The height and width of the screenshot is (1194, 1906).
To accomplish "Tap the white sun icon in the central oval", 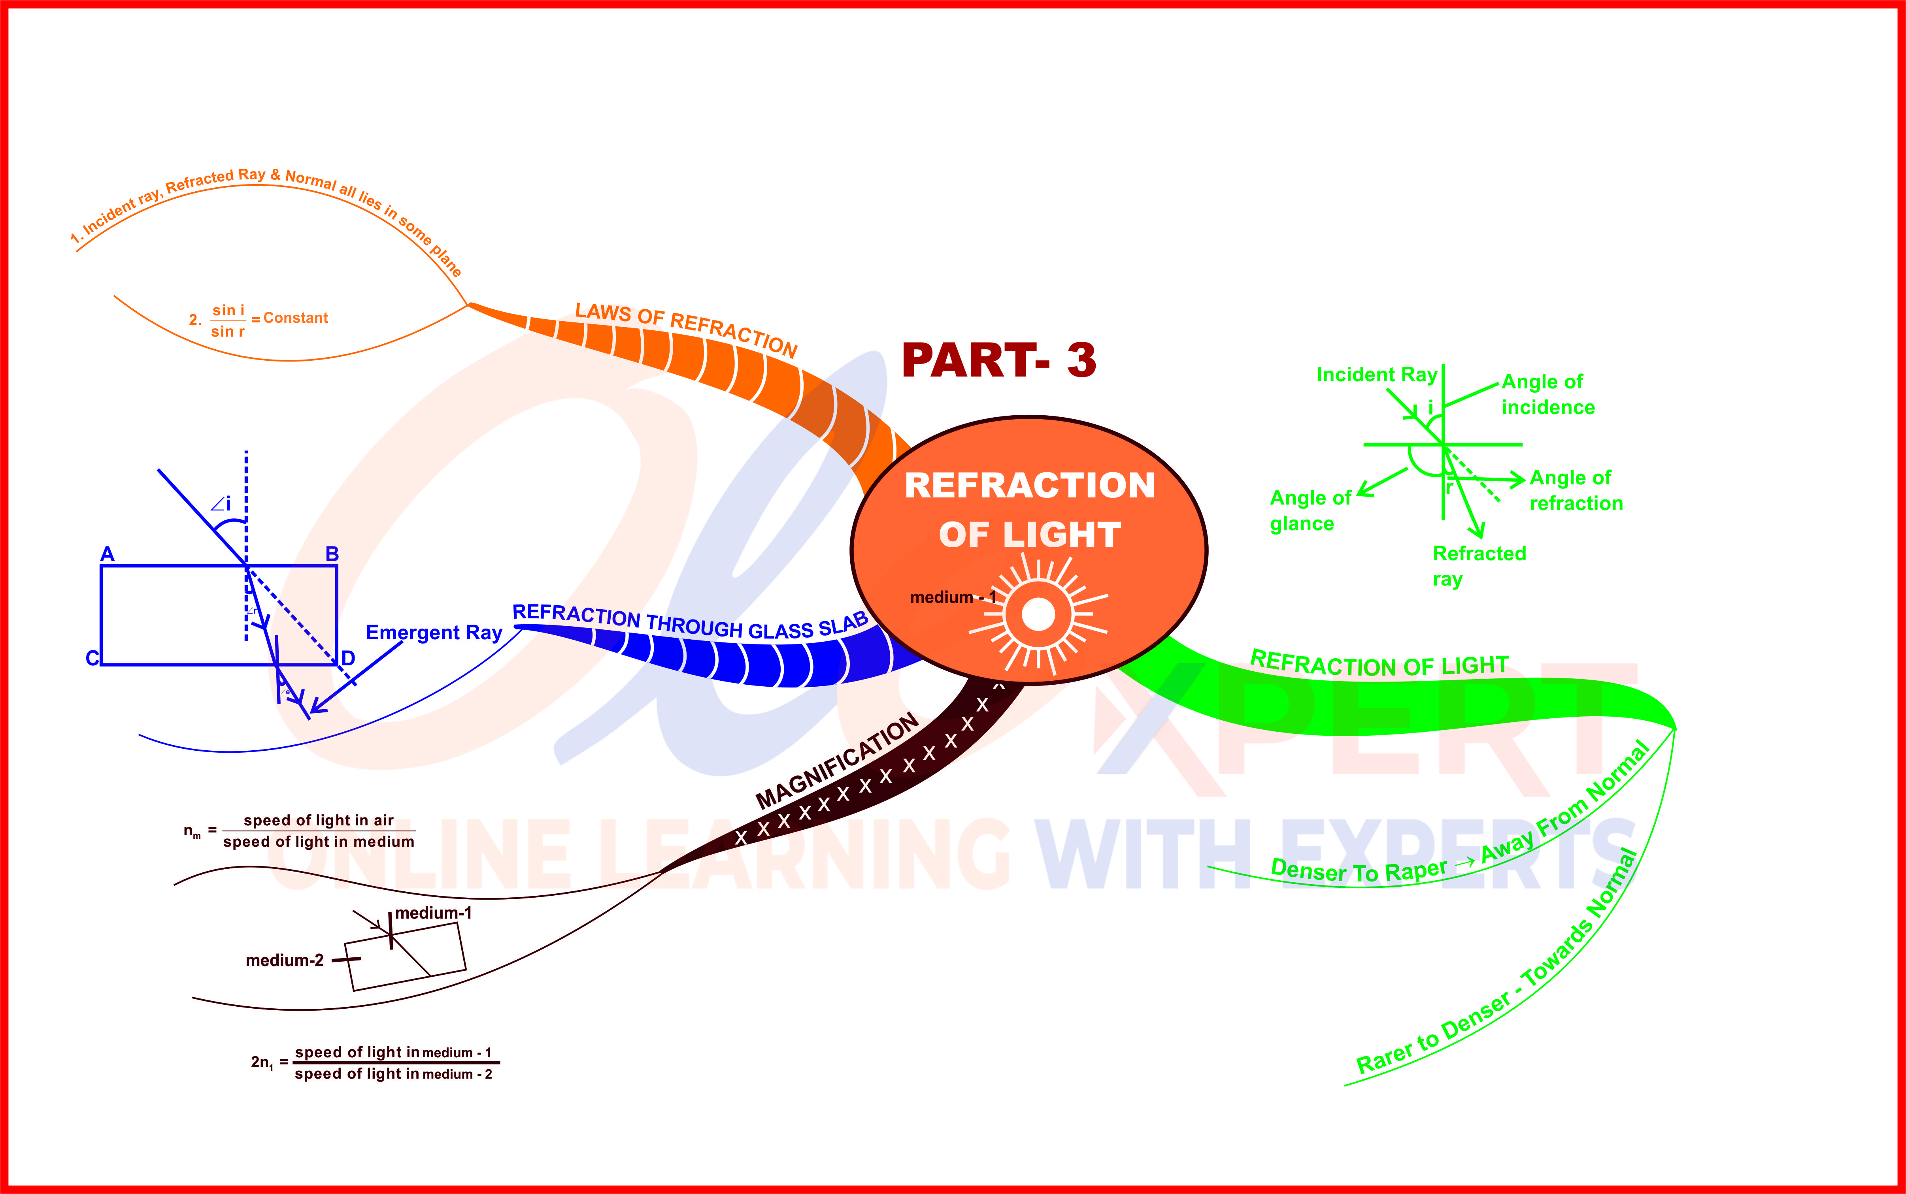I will pyautogui.click(x=1038, y=614).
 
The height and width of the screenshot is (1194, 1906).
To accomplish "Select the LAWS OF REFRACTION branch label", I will pyautogui.click(x=686, y=328).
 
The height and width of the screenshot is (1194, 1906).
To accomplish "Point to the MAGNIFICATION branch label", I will pyautogui.click(x=837, y=761).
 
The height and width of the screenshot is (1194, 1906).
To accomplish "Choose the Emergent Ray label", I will pyautogui.click(x=434, y=633).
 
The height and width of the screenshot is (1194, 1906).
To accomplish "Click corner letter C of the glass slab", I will pyautogui.click(x=92, y=658).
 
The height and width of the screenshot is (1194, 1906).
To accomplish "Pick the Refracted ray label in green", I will pyautogui.click(x=1479, y=565).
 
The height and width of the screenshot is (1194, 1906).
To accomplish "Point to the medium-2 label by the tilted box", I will pyautogui.click(x=284, y=960).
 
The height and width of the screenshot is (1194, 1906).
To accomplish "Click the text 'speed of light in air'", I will pyautogui.click(x=318, y=821).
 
